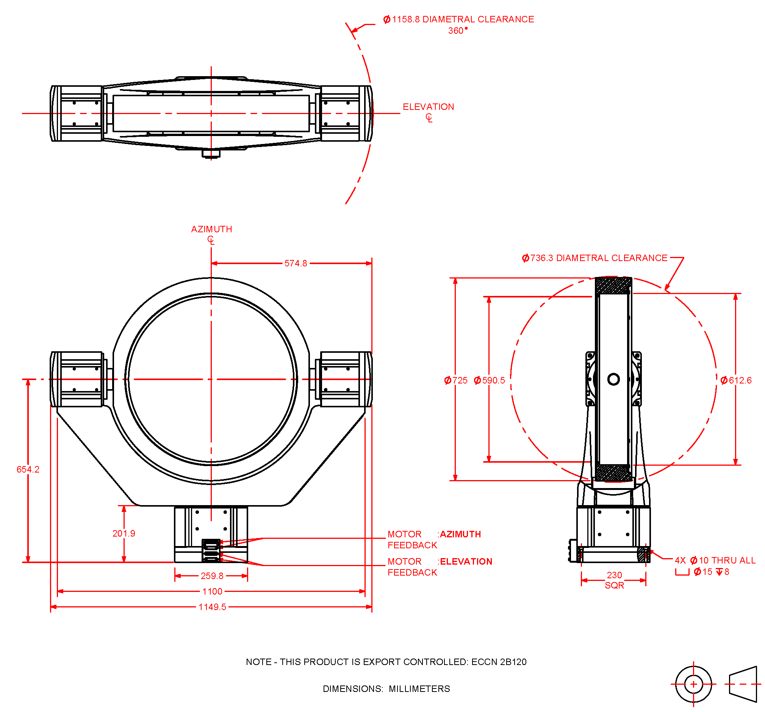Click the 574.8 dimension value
tap(296, 264)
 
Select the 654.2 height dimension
tap(28, 469)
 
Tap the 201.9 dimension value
tap(124, 534)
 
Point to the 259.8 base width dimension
tap(212, 576)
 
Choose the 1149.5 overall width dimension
tap(212, 607)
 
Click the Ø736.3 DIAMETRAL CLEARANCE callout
tap(594, 258)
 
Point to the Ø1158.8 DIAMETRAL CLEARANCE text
tap(458, 20)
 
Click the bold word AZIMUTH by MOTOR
tap(460, 535)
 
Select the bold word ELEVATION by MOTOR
tap(466, 562)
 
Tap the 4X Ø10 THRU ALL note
tap(715, 561)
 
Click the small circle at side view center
tap(613, 379)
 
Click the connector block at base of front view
tap(211, 551)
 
